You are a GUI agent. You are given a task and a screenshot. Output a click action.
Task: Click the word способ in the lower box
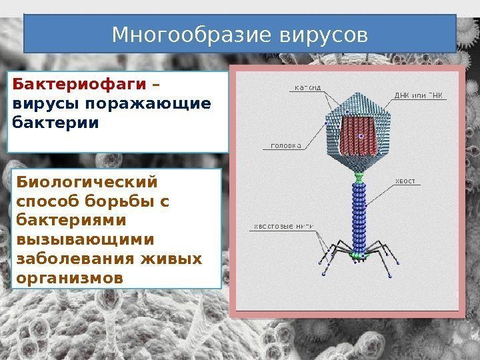coord(49,201)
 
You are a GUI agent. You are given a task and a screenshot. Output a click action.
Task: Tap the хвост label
coord(405,181)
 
